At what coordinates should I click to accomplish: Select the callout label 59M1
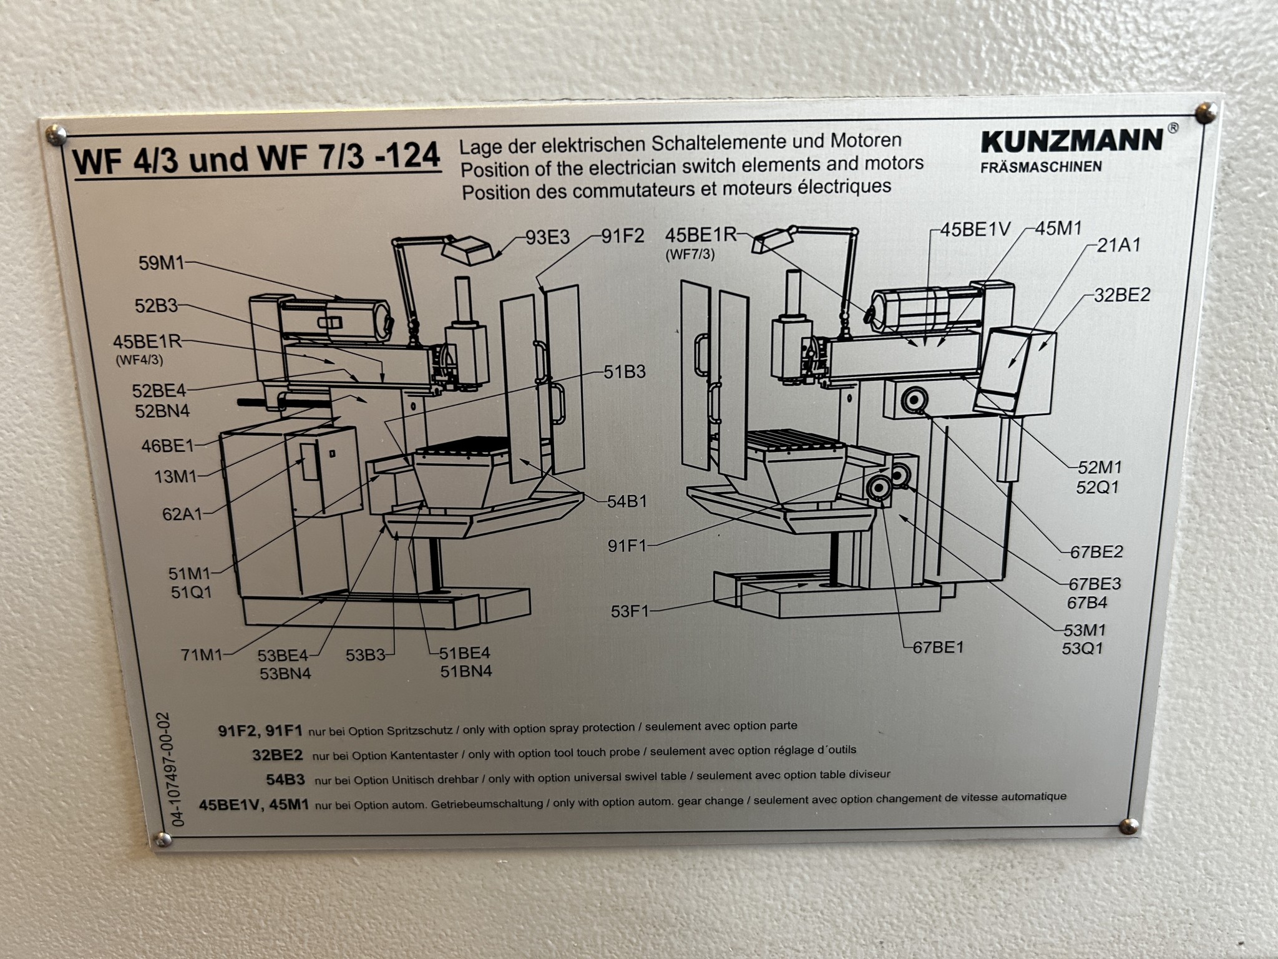162,263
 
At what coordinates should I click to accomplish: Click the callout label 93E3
547,238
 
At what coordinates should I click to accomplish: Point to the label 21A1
1118,245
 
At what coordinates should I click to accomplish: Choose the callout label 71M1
201,656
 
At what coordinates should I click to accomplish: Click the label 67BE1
938,647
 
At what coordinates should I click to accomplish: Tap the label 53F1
630,611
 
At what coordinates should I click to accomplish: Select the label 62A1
183,514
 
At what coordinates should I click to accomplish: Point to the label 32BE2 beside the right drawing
1121,295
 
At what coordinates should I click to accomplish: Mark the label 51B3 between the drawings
624,373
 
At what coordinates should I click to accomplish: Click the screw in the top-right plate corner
1209,112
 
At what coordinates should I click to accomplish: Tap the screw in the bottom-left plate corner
163,839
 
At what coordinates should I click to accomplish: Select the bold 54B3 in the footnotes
285,780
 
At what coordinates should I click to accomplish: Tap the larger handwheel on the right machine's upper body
913,400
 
